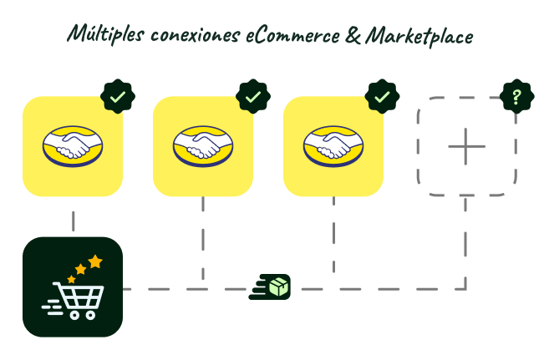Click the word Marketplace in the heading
[x=420, y=36]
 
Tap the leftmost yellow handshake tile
[x=73, y=146]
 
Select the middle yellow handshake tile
[x=203, y=146]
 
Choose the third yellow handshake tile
[x=333, y=146]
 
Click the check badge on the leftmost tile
[x=118, y=97]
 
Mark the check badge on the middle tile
[x=252, y=97]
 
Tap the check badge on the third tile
[x=383, y=97]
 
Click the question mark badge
[x=516, y=97]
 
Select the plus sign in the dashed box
[x=466, y=146]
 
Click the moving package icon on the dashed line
[x=276, y=287]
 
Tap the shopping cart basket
[x=80, y=297]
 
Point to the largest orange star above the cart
[x=95, y=261]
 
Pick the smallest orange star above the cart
[x=71, y=279]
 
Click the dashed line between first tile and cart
[x=73, y=221]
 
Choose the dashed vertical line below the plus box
[x=465, y=242]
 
